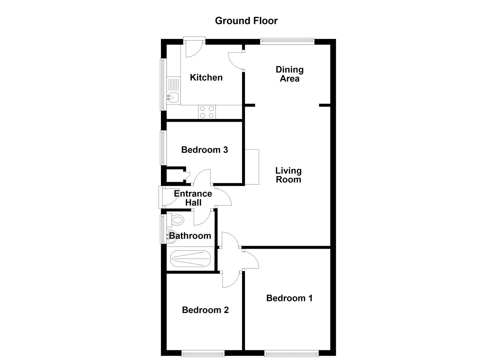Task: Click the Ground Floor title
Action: click(x=246, y=21)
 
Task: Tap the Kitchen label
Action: click(x=206, y=77)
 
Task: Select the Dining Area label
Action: click(x=289, y=74)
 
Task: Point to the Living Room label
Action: click(x=288, y=175)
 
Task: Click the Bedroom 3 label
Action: click(x=204, y=150)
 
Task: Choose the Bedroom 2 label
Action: click(x=205, y=310)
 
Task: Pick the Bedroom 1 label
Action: click(x=289, y=298)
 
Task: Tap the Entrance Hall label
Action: click(x=193, y=198)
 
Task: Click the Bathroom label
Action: click(x=190, y=236)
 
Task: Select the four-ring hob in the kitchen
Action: click(x=207, y=112)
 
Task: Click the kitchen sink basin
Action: click(x=173, y=97)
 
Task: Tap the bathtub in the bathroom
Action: click(x=190, y=258)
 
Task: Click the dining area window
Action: click(x=287, y=41)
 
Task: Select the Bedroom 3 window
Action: click(x=163, y=148)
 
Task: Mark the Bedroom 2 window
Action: click(x=203, y=353)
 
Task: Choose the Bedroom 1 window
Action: click(x=291, y=353)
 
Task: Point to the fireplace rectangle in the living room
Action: click(x=252, y=167)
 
